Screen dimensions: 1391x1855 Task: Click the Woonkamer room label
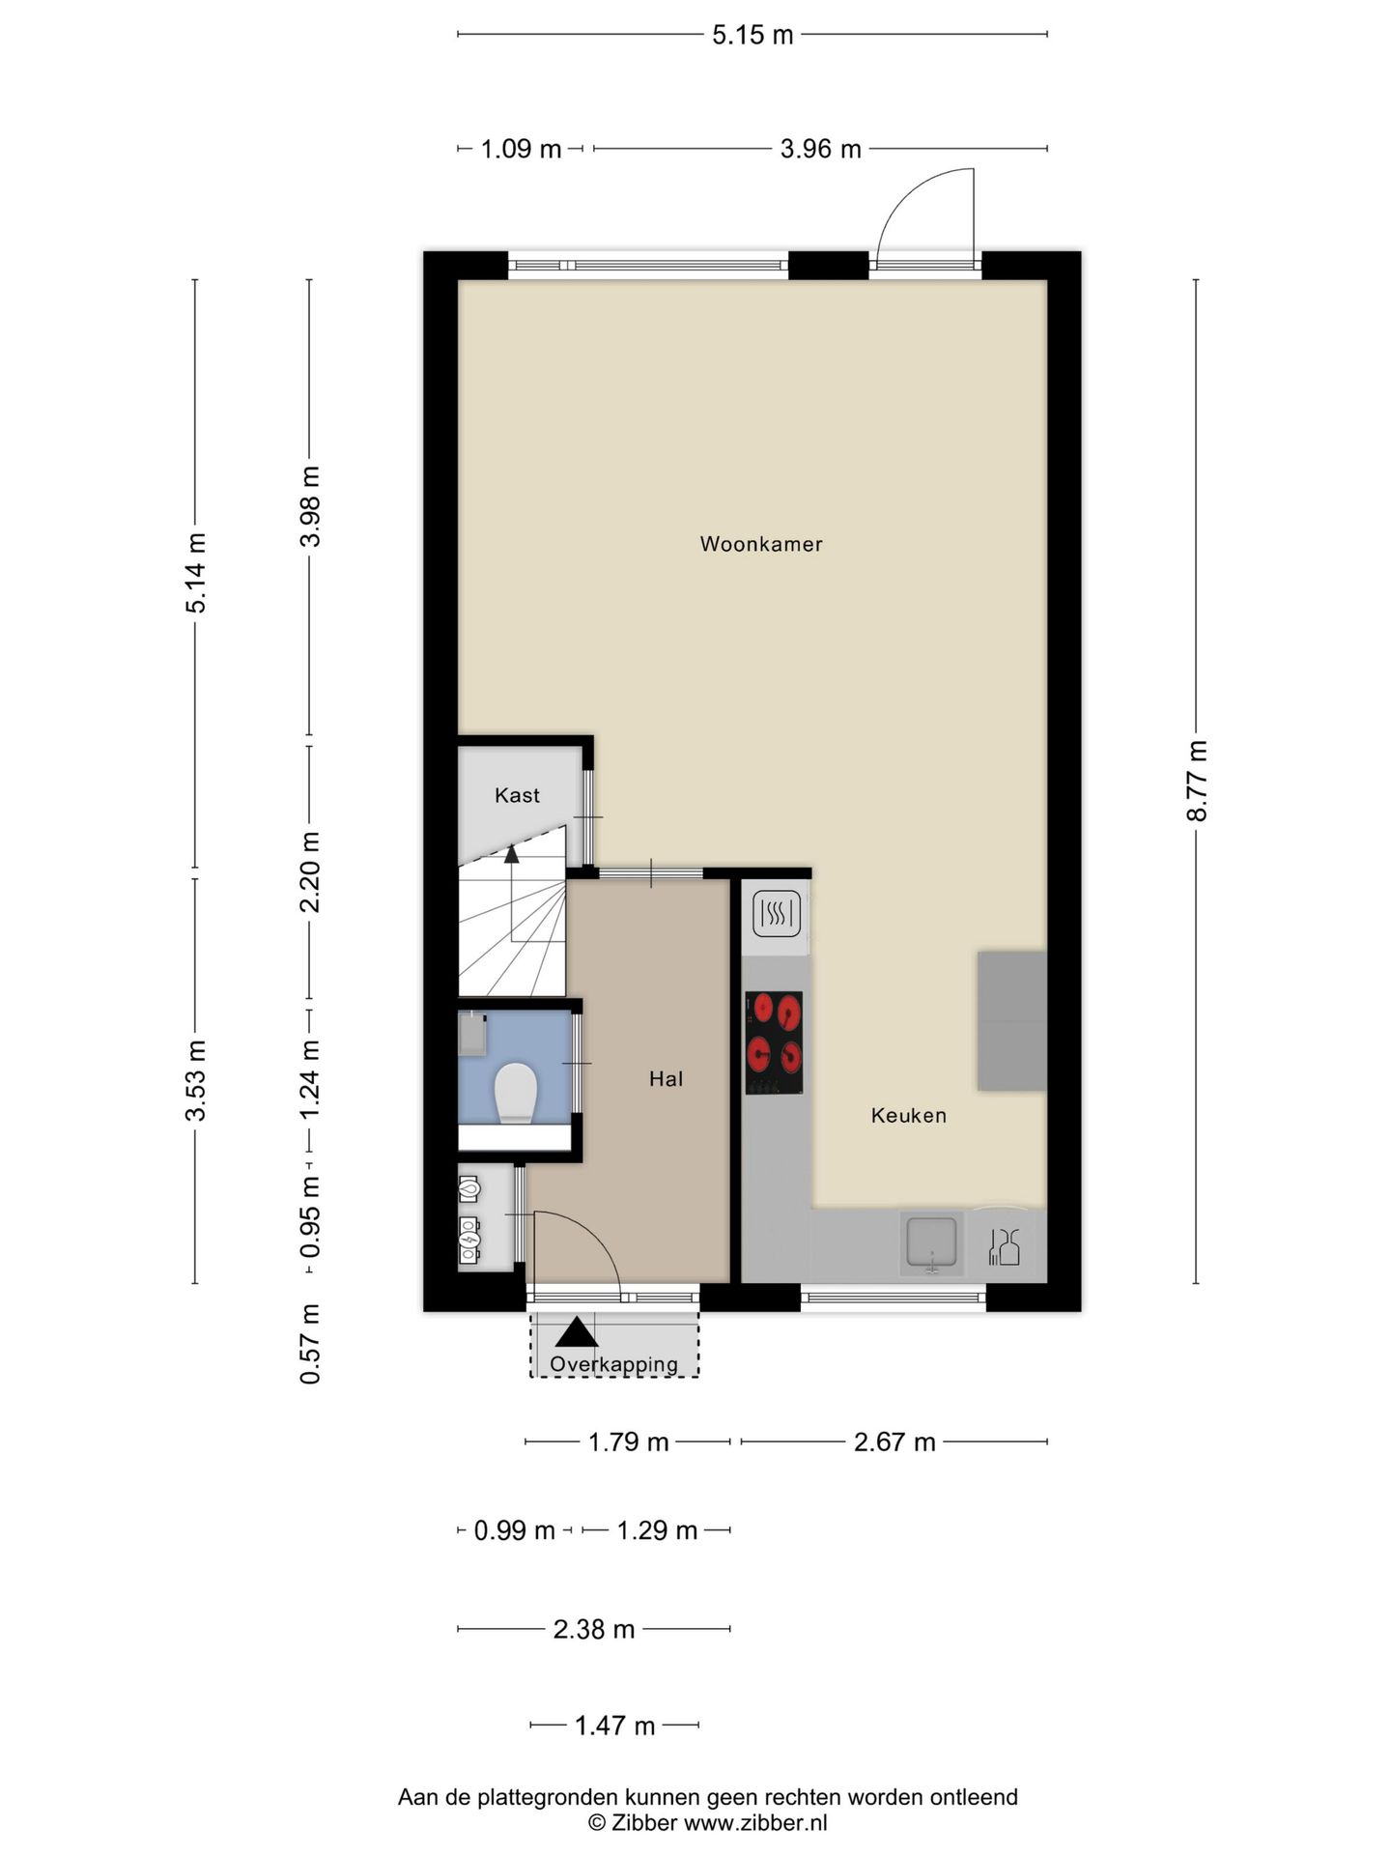[761, 544]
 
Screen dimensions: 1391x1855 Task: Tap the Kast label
[517, 795]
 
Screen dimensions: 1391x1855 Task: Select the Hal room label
[667, 1079]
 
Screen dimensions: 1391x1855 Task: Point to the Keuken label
[909, 1116]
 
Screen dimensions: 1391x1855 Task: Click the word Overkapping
[614, 1365]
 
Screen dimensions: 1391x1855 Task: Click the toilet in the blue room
[515, 1093]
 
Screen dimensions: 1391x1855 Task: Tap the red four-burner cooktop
[774, 1043]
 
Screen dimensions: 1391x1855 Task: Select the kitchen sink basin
[931, 1242]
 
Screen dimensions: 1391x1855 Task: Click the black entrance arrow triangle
[577, 1332]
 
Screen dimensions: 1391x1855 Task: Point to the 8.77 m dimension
[1197, 781]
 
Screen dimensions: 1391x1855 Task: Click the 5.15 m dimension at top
[752, 35]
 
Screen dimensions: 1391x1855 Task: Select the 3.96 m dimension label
[821, 149]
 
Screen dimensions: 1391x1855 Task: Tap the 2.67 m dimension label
[894, 1442]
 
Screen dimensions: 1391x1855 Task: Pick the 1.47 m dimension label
[615, 1726]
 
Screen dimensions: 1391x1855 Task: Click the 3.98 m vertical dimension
[310, 506]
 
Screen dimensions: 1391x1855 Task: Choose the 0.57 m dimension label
[310, 1344]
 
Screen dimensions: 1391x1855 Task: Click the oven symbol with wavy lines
[777, 913]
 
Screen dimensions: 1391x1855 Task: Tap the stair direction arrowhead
[511, 853]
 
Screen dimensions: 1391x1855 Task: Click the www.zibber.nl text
[755, 1823]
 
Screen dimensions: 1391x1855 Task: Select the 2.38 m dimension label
[594, 1630]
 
